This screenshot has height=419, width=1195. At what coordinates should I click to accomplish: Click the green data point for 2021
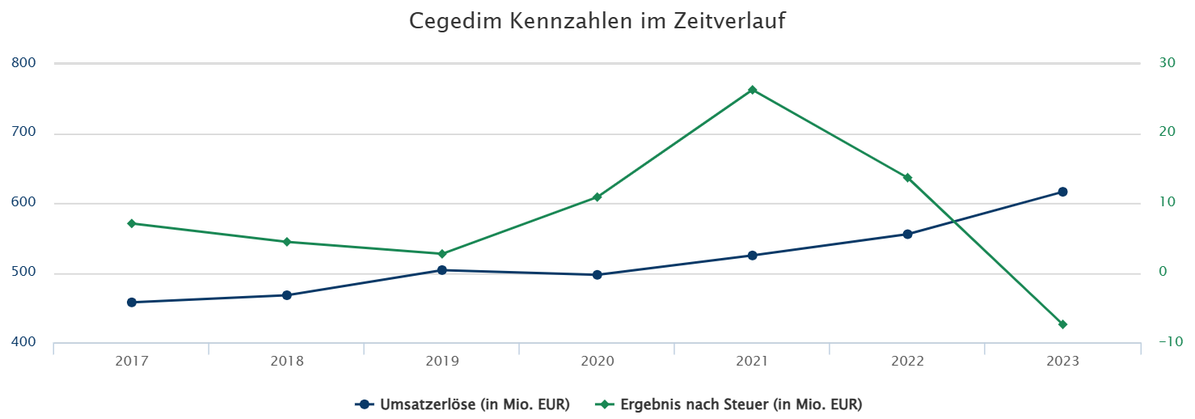(x=752, y=90)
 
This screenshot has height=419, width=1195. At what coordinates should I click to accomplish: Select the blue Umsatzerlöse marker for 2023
(x=1062, y=192)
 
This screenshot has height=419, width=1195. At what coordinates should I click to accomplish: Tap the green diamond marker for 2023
(x=1062, y=324)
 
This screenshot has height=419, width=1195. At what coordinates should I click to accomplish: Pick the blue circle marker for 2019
(x=441, y=270)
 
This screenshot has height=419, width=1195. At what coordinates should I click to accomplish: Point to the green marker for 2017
(x=131, y=223)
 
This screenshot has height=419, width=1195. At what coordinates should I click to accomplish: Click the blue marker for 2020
(x=597, y=275)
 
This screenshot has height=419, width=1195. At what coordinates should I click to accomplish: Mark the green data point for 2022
(x=907, y=178)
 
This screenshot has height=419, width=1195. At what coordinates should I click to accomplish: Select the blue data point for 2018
(x=286, y=295)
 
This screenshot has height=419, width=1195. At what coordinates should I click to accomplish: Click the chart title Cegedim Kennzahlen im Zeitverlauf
(x=597, y=21)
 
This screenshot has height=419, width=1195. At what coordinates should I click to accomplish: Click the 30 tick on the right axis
(x=1167, y=62)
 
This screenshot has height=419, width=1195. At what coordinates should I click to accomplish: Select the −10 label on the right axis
(x=1169, y=342)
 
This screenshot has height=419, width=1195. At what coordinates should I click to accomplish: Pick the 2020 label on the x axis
(x=597, y=362)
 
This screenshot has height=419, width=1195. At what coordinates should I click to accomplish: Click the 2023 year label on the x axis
(x=1062, y=362)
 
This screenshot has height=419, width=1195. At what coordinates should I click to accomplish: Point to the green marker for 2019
(x=441, y=254)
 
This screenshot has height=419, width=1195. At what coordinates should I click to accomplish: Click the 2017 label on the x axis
(x=131, y=362)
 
